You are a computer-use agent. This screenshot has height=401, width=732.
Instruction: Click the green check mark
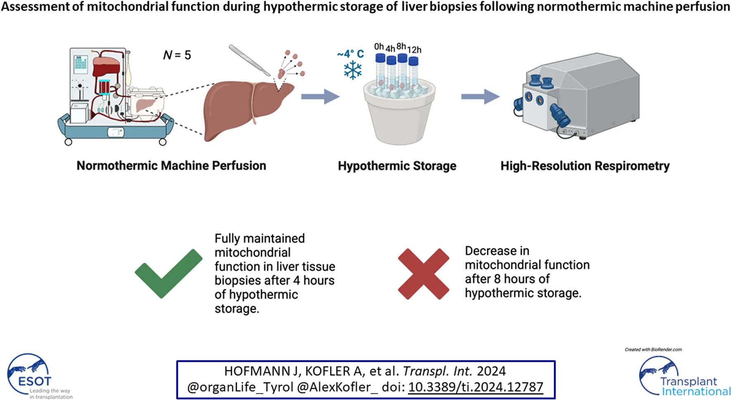pyautogui.click(x=169, y=274)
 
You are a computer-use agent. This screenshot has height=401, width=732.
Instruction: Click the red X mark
pyautogui.click(x=423, y=274)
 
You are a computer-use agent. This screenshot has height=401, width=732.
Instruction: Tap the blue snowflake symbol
pyautogui.click(x=353, y=70)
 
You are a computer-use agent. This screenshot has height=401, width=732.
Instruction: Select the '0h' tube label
pyautogui.click(x=379, y=47)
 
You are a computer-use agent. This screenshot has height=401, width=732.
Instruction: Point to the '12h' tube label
pyautogui.click(x=414, y=50)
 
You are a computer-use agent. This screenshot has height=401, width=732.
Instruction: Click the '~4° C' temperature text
pyautogui.click(x=350, y=54)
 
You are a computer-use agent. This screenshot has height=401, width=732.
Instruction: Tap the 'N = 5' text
pyautogui.click(x=177, y=55)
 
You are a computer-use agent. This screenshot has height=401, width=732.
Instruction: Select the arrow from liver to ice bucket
pyautogui.click(x=320, y=97)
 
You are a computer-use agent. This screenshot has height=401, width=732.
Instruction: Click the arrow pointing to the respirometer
pyautogui.click(x=480, y=97)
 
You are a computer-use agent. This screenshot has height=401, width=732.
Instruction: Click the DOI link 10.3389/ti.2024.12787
pyautogui.click(x=475, y=387)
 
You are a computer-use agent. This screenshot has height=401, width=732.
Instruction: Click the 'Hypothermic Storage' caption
pyautogui.click(x=397, y=166)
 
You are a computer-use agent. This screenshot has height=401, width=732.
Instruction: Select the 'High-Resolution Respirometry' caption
pyautogui.click(x=585, y=166)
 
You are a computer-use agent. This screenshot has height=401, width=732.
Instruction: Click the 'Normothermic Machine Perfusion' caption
pyautogui.click(x=171, y=166)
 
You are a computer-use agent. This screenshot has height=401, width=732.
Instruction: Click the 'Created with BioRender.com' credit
pyautogui.click(x=653, y=349)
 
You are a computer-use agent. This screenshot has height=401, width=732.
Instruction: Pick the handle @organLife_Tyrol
pyautogui.click(x=240, y=387)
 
